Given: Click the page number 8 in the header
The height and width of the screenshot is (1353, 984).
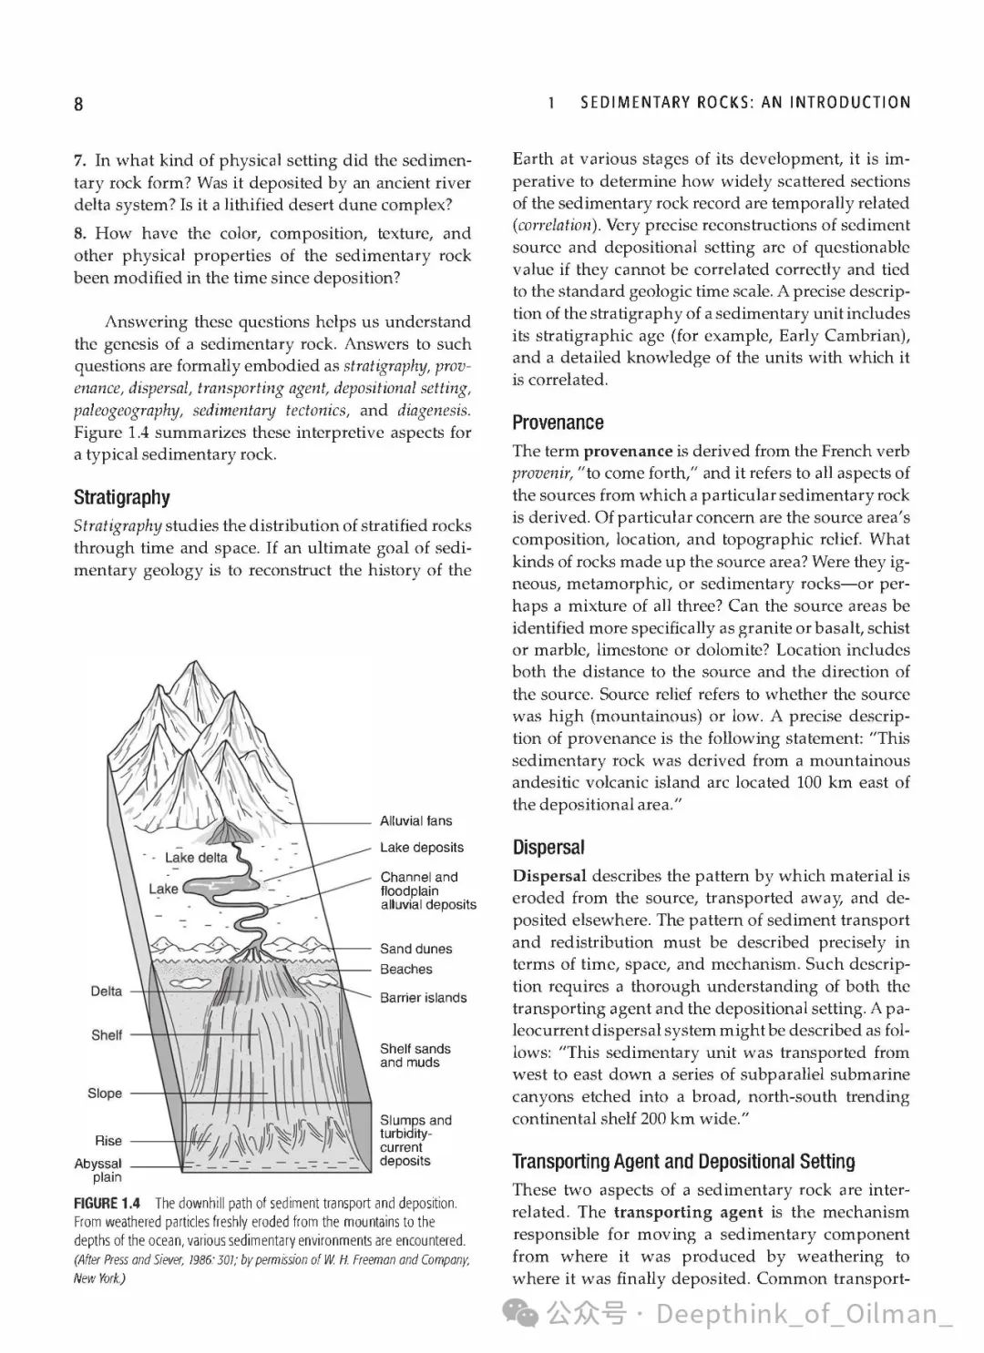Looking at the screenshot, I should click(x=78, y=104).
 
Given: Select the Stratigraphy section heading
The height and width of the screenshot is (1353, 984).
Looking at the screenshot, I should click(x=121, y=497).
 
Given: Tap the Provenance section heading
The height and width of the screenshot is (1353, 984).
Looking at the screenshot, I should click(x=558, y=422).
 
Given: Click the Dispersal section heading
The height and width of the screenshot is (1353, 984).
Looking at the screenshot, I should click(x=548, y=848).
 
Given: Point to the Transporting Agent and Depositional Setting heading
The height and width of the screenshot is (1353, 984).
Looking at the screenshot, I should click(x=683, y=1161).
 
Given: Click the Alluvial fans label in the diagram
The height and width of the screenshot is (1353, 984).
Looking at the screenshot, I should click(x=415, y=821).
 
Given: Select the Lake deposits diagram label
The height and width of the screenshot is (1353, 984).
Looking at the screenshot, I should click(x=422, y=848).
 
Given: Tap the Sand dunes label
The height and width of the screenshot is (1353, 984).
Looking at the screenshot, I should click(x=415, y=949).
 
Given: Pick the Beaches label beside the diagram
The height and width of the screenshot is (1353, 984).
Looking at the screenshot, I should click(x=406, y=970).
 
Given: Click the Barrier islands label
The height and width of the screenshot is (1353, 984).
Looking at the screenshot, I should click(x=423, y=998).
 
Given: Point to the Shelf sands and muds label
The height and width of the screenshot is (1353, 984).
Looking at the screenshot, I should click(x=415, y=1055).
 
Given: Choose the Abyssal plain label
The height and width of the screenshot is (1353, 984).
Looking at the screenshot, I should click(x=98, y=1170).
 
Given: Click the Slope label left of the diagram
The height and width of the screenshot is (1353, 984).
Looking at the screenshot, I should click(x=105, y=1094).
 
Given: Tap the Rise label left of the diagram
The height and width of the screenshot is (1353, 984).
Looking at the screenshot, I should click(x=108, y=1141).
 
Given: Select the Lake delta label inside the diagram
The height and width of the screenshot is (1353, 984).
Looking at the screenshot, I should click(x=196, y=858).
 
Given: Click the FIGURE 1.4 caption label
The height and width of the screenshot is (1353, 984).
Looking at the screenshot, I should click(x=108, y=1204).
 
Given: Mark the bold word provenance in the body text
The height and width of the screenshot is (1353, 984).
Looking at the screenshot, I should click(x=628, y=451).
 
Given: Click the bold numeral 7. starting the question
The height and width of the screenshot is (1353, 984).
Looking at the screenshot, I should click(x=80, y=161).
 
